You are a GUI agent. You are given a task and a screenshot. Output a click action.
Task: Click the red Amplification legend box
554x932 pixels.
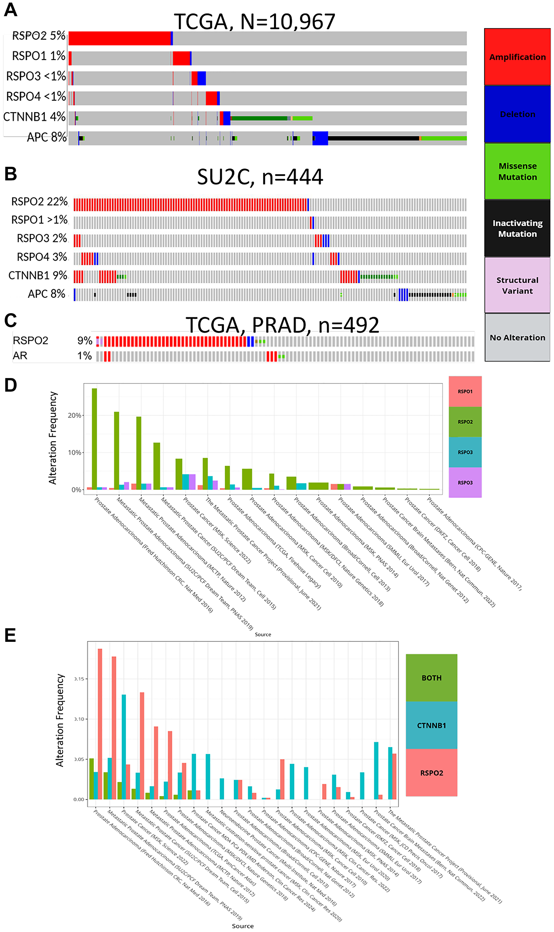click(517, 57)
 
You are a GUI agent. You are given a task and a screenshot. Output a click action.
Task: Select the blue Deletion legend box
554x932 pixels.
click(517, 114)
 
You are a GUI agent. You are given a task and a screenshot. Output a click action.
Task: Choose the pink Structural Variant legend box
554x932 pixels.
click(517, 285)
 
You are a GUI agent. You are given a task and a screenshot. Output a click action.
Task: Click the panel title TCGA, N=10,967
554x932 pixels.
click(254, 22)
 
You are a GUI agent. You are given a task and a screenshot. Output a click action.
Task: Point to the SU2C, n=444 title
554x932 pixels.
click(260, 177)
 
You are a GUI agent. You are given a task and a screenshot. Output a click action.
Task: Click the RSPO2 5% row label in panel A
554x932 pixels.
click(39, 36)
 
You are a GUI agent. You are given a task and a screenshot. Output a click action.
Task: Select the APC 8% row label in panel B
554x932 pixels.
click(46, 294)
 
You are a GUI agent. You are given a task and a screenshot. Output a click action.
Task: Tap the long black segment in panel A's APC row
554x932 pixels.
click(373, 138)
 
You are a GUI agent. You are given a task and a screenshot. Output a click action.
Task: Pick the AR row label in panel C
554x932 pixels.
click(20, 356)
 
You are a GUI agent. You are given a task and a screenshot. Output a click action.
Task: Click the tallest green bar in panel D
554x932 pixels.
click(94, 439)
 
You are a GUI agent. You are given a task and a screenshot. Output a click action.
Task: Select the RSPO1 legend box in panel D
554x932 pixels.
click(465, 391)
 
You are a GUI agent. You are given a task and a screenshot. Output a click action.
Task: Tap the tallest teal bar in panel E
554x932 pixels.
click(124, 747)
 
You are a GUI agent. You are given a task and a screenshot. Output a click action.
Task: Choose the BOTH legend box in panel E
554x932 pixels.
click(431, 678)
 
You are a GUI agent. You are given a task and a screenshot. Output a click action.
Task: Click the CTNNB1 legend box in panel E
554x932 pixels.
click(431, 725)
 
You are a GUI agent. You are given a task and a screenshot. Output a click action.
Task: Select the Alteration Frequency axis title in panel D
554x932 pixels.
click(53, 438)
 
